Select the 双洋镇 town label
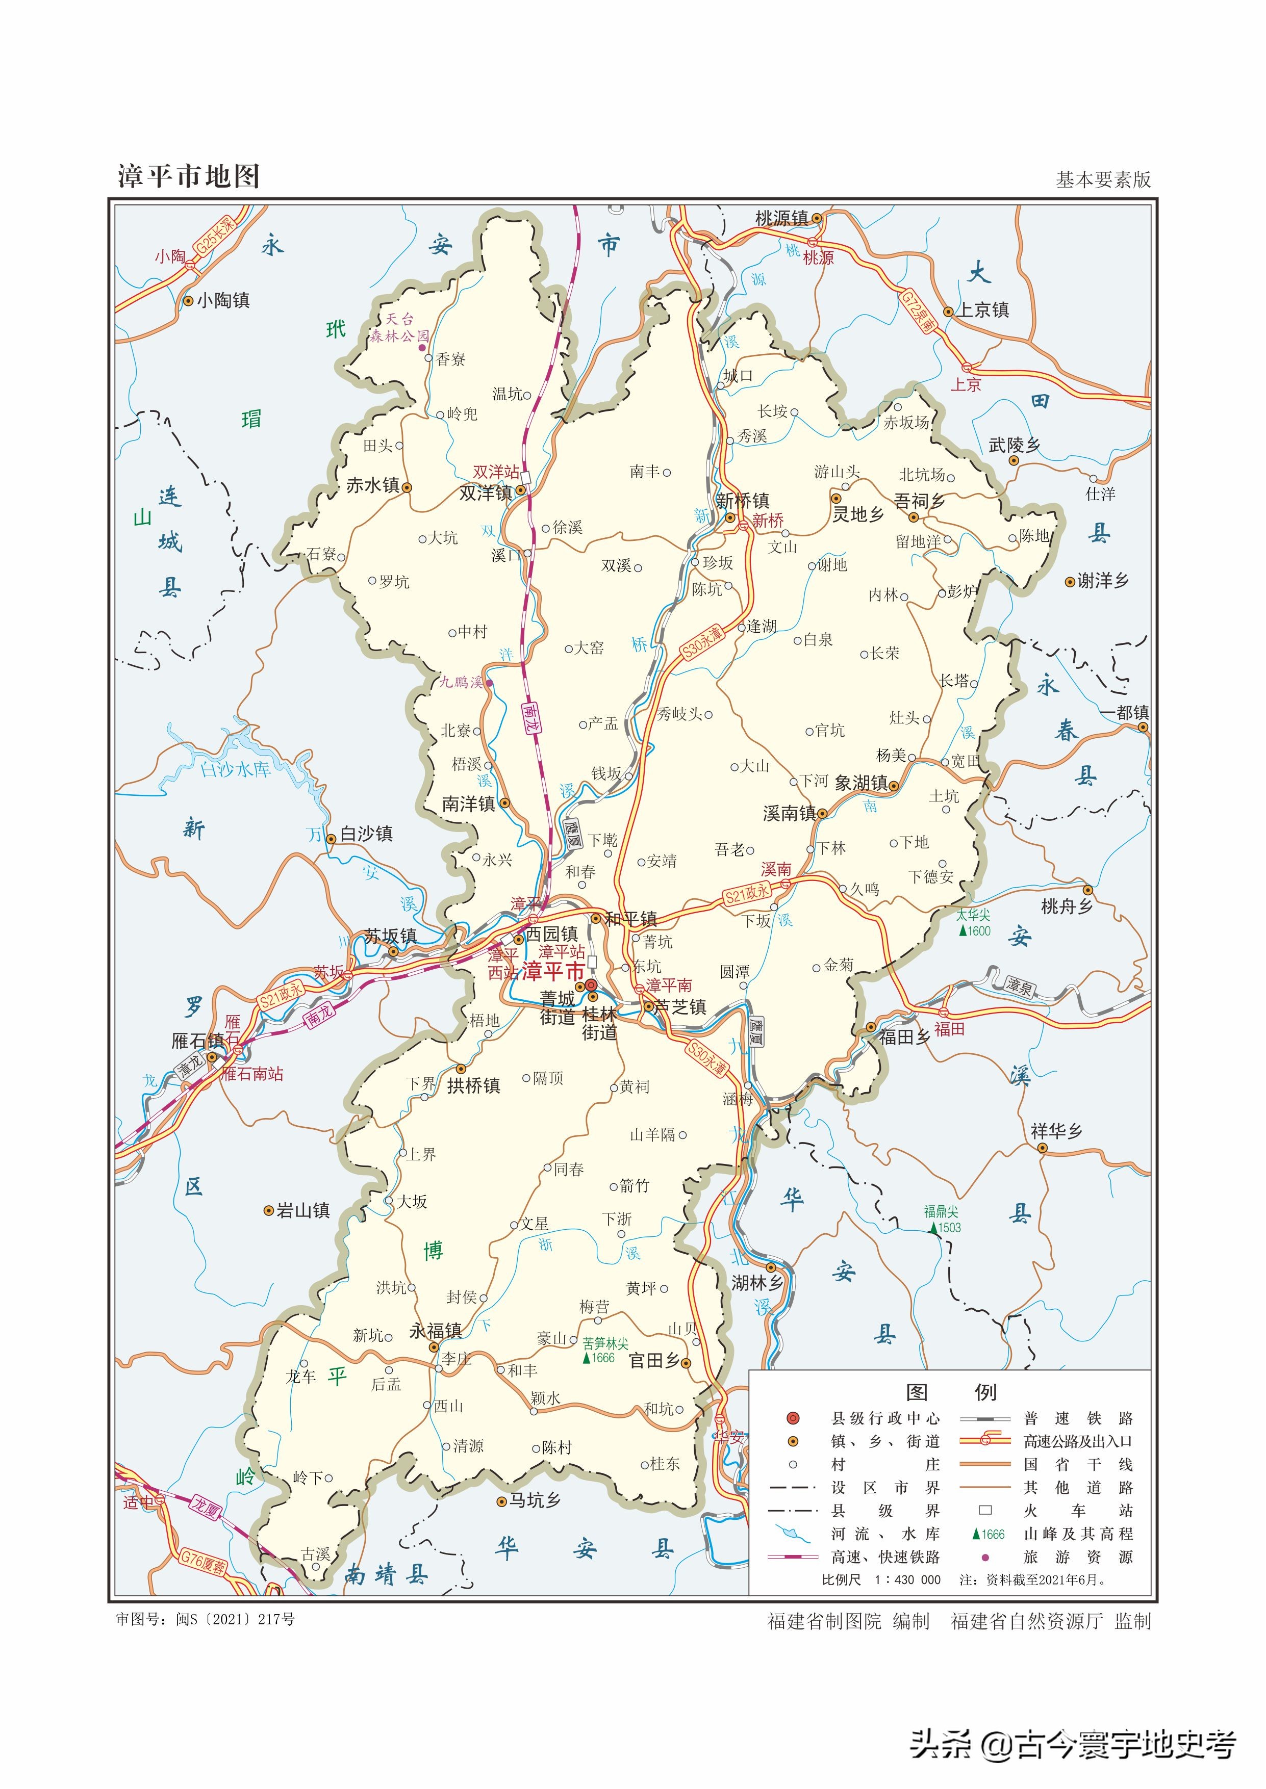click(x=485, y=493)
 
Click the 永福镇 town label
click(x=435, y=1331)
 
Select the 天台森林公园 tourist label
click(x=399, y=328)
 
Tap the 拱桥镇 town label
click(x=473, y=1085)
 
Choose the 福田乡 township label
click(x=904, y=1037)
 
